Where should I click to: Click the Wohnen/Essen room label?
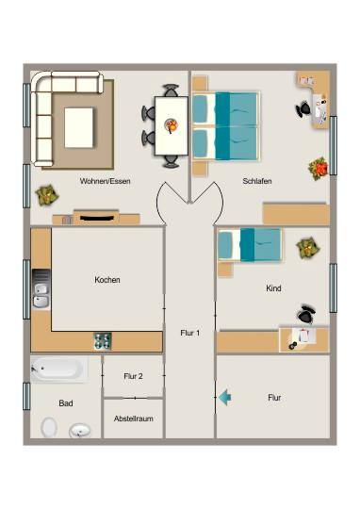[x=106, y=181]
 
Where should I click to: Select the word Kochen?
[x=107, y=280]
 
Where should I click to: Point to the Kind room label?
[x=273, y=289]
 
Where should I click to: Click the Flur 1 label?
[x=189, y=333]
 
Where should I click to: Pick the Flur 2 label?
[x=133, y=376]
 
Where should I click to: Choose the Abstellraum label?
[x=133, y=418]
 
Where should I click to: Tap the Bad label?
[x=66, y=403]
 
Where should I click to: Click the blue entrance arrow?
[x=224, y=398]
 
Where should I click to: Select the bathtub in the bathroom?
[x=59, y=369]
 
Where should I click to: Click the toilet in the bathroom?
[x=49, y=427]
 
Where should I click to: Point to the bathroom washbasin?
[x=80, y=432]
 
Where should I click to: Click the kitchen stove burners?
[x=102, y=340]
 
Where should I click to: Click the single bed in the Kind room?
[x=250, y=244]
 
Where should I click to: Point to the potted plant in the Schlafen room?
[x=319, y=169]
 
